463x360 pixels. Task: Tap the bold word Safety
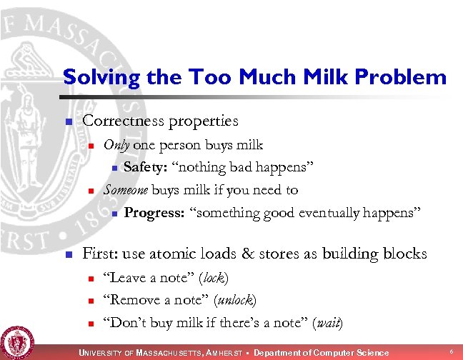146,168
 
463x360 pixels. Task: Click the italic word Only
116,146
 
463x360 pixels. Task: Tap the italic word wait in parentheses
328,323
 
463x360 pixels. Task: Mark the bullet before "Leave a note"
91,279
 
